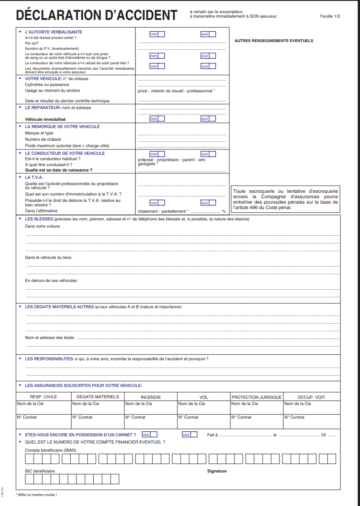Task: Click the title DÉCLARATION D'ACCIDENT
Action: (x=96, y=15)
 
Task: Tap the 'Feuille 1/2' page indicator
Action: (x=330, y=16)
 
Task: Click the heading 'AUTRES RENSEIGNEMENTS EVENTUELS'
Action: (x=274, y=41)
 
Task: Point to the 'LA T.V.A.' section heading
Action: (x=34, y=177)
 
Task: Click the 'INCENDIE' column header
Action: (x=151, y=397)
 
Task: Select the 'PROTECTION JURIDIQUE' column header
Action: (x=257, y=397)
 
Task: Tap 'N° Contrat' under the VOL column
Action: (x=188, y=417)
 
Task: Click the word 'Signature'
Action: (x=217, y=471)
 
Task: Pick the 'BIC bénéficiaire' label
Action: (x=40, y=471)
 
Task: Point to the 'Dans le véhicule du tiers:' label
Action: (x=48, y=258)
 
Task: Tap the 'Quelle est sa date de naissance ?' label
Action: (x=59, y=170)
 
